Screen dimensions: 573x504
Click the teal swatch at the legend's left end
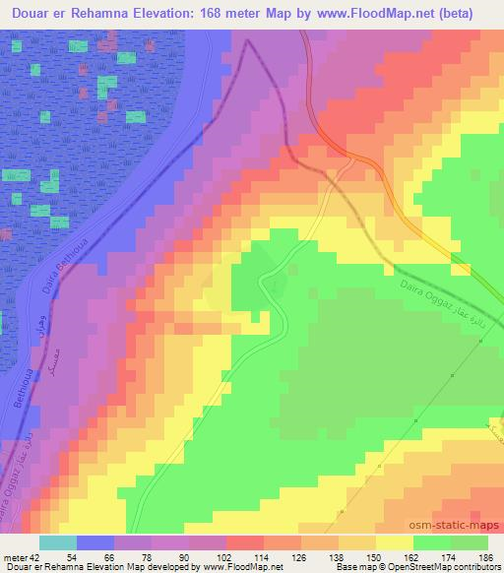tap(58, 542)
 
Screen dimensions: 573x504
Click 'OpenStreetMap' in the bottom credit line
tap(412, 567)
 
